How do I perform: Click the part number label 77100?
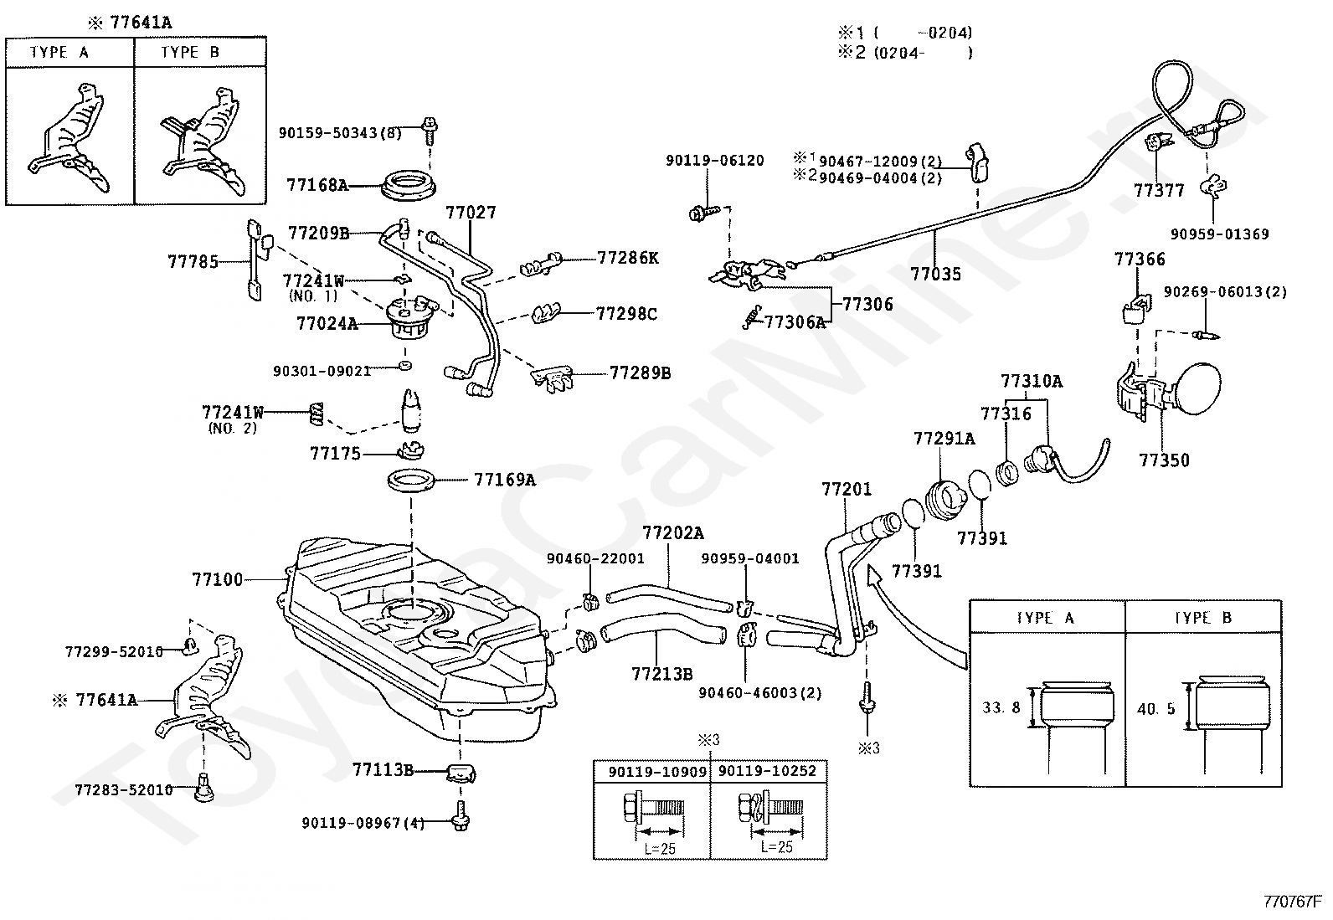(x=217, y=579)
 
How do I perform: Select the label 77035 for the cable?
(x=935, y=275)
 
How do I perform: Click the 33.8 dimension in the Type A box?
(x=1001, y=707)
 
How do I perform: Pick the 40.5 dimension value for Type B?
(x=1156, y=709)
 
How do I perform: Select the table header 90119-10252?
(x=767, y=771)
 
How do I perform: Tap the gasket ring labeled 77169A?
(x=410, y=480)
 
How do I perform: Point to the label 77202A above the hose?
(x=673, y=533)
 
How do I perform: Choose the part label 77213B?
(x=661, y=674)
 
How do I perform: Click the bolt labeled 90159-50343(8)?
(x=430, y=131)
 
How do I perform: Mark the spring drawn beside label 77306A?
(x=752, y=317)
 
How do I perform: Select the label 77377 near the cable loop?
(x=1159, y=190)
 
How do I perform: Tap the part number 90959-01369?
(x=1220, y=234)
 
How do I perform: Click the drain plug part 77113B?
(x=461, y=773)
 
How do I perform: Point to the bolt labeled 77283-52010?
(x=204, y=787)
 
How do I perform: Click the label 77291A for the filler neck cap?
(x=944, y=439)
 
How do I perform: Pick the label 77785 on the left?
(x=193, y=262)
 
